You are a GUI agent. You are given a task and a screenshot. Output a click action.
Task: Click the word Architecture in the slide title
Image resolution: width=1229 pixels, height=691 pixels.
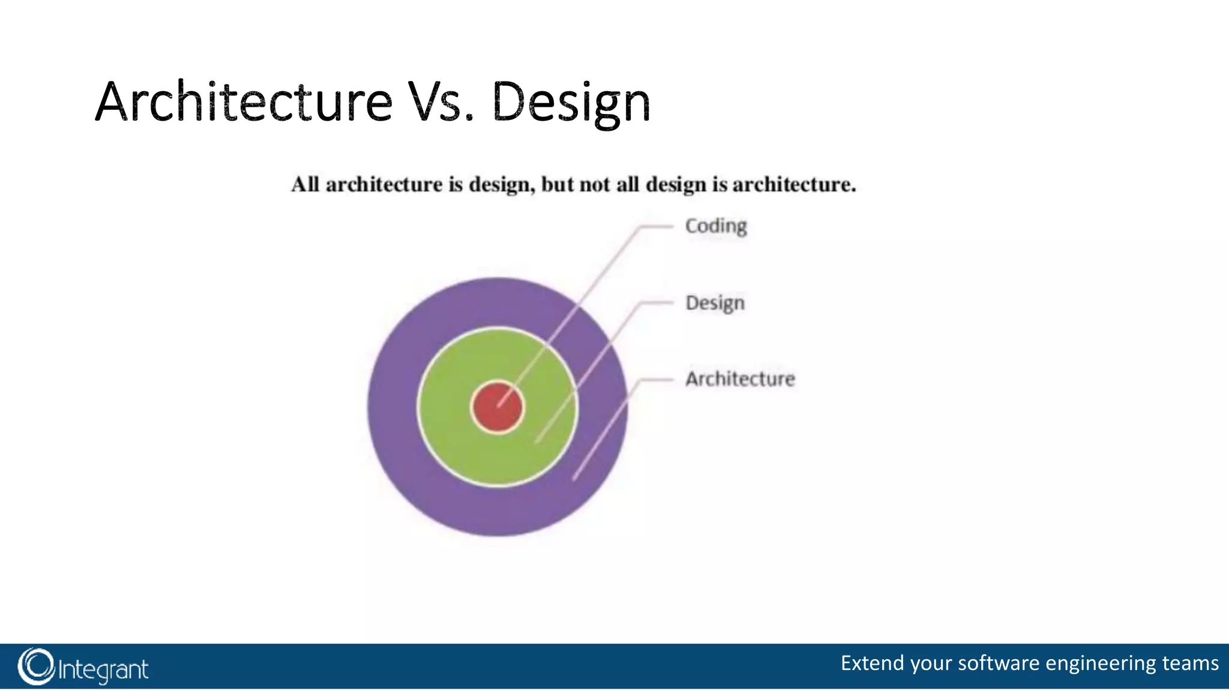pos(243,102)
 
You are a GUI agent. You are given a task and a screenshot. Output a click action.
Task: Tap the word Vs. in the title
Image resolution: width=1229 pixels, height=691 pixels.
pos(441,102)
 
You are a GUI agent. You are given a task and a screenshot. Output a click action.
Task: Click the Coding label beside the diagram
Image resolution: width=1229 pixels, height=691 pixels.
pos(716,226)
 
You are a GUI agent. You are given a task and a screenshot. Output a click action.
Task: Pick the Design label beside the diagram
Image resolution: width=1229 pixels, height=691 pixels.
pos(715,303)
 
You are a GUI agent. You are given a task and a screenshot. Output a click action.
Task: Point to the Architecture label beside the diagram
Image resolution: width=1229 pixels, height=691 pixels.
pos(740,379)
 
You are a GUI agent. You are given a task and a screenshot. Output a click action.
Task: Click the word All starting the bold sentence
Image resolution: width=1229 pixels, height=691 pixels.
pos(305,185)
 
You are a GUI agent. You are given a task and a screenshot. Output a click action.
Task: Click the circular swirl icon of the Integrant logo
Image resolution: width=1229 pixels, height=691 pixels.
pos(36,666)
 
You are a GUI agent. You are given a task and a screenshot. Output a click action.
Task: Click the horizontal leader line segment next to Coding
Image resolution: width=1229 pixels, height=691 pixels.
pos(657,227)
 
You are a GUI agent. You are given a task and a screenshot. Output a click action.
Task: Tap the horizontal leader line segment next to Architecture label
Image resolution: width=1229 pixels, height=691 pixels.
pos(657,380)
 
